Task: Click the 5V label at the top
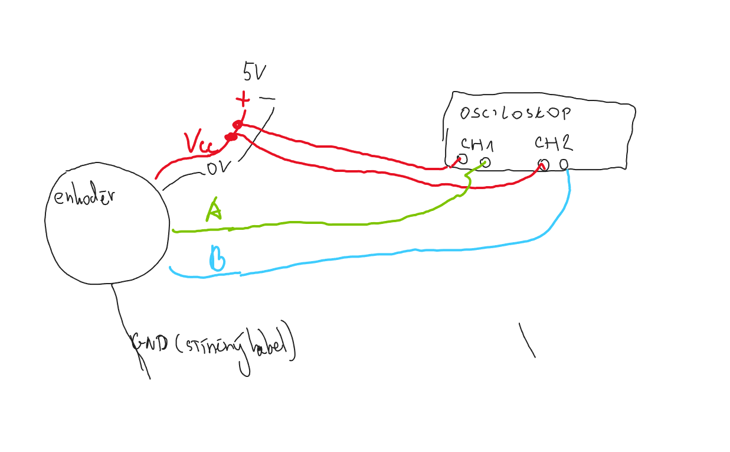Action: [x=254, y=72]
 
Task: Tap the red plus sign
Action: [x=242, y=99]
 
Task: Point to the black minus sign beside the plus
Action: [x=267, y=99]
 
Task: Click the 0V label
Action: [x=217, y=168]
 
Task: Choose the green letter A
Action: [x=214, y=210]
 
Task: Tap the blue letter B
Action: [x=217, y=259]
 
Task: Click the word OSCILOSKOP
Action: [x=515, y=113]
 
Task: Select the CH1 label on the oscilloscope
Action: [x=477, y=144]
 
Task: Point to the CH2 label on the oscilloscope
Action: [x=553, y=142]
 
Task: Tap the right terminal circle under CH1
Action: [x=485, y=162]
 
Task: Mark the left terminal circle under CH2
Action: [x=544, y=165]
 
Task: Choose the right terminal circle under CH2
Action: [x=564, y=164]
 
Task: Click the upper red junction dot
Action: [x=237, y=125]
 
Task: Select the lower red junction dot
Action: [x=231, y=137]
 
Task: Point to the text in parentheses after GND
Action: [x=236, y=346]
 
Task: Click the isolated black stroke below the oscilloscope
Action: [x=527, y=340]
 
